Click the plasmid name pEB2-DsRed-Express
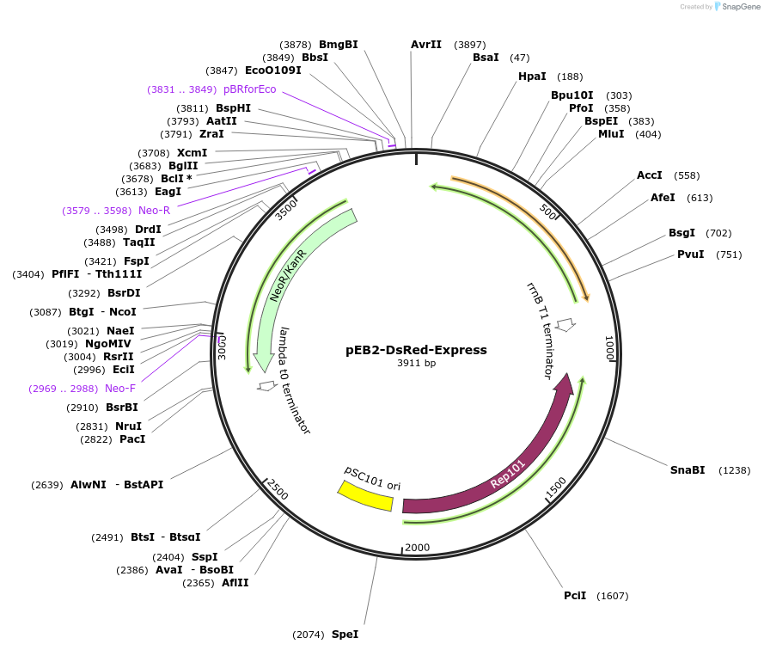click(416, 350)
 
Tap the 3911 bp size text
click(416, 364)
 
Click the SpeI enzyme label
click(345, 635)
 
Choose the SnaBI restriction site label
click(688, 469)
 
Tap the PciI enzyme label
click(575, 596)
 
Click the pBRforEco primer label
click(250, 89)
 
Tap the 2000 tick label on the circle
click(417, 548)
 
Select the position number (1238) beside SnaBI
click(735, 470)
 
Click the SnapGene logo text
click(740, 7)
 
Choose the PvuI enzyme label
click(690, 254)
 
